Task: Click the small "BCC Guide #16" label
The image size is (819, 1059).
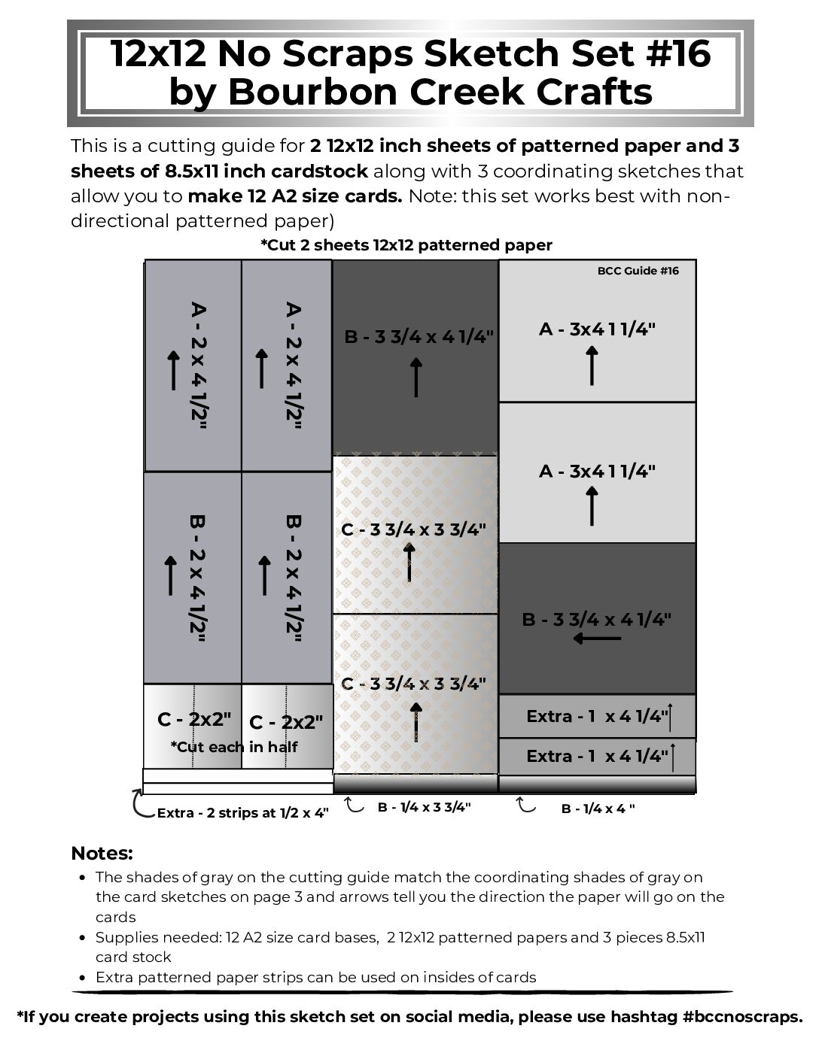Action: [x=638, y=271]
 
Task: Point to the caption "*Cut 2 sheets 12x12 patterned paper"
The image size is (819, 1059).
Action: [x=406, y=245]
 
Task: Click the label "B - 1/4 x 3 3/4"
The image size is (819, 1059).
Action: [x=424, y=807]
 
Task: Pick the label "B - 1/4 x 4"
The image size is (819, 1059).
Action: [x=598, y=809]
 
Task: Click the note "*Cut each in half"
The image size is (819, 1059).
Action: [x=233, y=747]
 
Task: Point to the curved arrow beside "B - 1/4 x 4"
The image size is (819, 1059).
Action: [x=525, y=806]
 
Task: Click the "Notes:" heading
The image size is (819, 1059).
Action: [x=102, y=854]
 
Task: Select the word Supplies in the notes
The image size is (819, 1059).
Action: [x=126, y=937]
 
